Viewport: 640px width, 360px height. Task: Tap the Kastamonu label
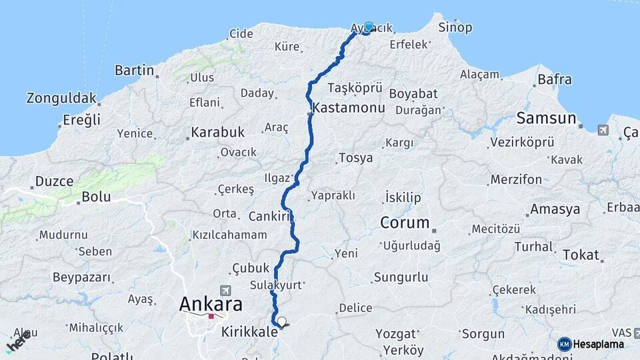[x=341, y=107]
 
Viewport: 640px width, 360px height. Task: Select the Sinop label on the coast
[x=455, y=27]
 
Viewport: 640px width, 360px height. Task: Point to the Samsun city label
[x=546, y=118]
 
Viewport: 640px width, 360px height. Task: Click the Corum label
[x=404, y=222]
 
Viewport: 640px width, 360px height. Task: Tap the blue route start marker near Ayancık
[x=369, y=27]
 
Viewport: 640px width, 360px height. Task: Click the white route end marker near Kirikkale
[x=282, y=322]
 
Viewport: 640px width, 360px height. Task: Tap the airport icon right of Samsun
[x=603, y=129]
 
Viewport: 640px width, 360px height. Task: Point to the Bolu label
[x=95, y=197]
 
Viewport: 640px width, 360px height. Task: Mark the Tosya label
[x=355, y=158]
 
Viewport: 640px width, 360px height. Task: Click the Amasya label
[x=555, y=209]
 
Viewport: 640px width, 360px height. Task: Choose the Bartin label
[x=134, y=70]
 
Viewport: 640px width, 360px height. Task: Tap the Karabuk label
[x=217, y=132]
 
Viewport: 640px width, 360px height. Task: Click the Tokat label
[x=581, y=255]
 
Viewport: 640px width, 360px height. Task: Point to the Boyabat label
[x=413, y=93]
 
